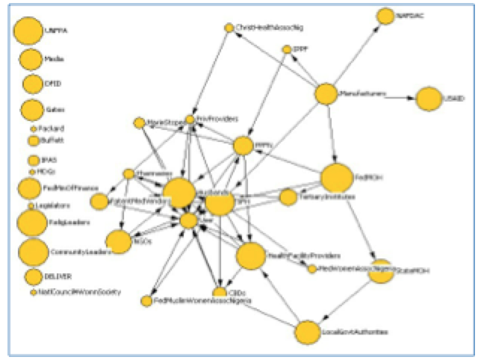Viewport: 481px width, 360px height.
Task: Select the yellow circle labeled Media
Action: pos(31,59)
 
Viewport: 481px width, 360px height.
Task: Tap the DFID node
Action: pos(32,84)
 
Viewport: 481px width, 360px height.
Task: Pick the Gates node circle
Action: pos(32,110)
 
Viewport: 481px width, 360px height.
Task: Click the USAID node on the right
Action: pos(429,99)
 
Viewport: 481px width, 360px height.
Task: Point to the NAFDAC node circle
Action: pos(385,16)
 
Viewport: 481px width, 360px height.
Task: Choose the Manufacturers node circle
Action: pos(326,95)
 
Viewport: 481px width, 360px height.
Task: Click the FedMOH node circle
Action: pos(336,179)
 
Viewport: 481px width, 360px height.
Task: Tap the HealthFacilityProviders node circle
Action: pos(251,255)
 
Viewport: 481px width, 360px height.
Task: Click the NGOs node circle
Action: pos(118,241)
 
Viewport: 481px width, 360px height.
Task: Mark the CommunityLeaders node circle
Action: pos(33,252)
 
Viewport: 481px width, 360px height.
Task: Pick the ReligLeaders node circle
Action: pos(31,223)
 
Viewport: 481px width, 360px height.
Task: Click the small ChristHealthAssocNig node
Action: pos(229,28)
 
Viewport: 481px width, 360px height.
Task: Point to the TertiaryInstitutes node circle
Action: pos(288,197)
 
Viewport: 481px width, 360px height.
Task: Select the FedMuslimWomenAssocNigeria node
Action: pos(146,301)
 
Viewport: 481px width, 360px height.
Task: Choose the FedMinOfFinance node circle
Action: pos(28,188)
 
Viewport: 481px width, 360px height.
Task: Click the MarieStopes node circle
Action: pos(139,122)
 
